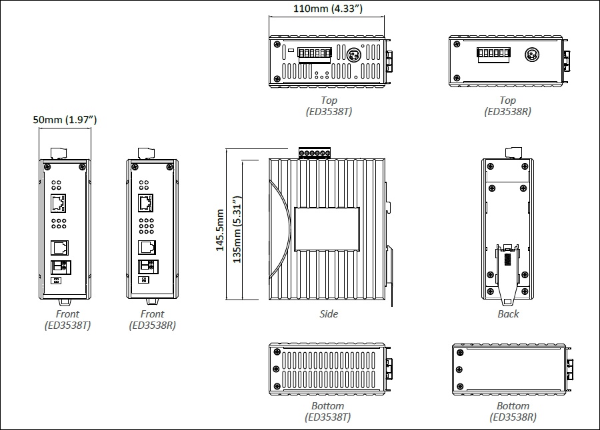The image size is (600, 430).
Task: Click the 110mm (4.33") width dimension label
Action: point(327,9)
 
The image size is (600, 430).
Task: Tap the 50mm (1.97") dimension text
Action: point(65,120)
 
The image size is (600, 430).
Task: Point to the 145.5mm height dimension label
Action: point(219,230)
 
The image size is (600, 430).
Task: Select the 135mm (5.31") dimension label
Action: point(237,230)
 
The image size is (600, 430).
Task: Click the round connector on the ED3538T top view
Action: point(354,55)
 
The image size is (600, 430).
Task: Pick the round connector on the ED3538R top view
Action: point(531,55)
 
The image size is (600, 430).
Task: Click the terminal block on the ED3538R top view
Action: point(493,55)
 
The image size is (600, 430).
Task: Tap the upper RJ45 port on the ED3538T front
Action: point(58,203)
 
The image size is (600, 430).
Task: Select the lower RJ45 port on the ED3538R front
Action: point(147,248)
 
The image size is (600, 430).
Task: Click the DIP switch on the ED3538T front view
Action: point(56,280)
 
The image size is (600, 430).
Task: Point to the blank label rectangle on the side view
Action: point(327,229)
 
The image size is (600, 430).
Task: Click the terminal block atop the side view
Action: point(315,152)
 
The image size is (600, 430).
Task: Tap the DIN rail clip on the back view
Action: point(507,274)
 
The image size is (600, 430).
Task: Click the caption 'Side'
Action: point(329,314)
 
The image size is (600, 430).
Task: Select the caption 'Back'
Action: point(508,314)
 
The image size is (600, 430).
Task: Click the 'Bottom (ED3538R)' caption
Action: point(513,411)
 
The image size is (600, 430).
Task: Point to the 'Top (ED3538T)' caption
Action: point(329,106)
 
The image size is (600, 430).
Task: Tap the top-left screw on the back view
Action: point(490,166)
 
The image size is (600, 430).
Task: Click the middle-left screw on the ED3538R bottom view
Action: point(459,369)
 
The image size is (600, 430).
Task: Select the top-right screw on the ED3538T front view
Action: point(82,167)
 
